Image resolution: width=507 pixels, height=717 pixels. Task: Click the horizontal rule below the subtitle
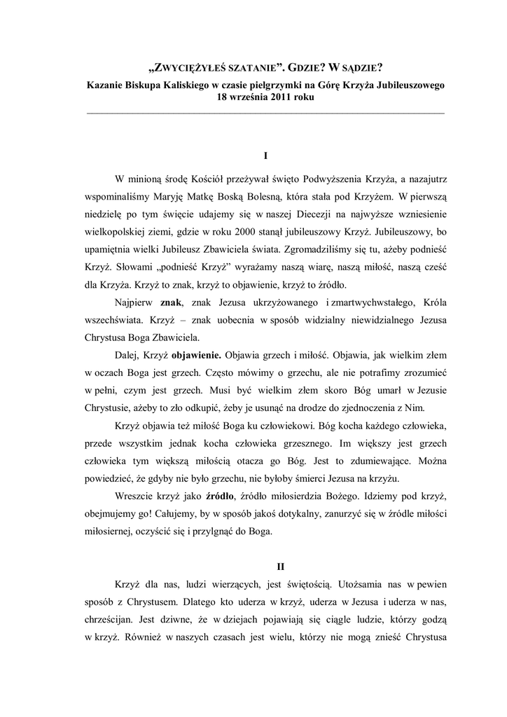tap(265, 112)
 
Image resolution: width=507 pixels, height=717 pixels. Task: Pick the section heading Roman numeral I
tap(265, 154)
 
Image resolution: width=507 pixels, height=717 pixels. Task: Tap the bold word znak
tap(171, 302)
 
